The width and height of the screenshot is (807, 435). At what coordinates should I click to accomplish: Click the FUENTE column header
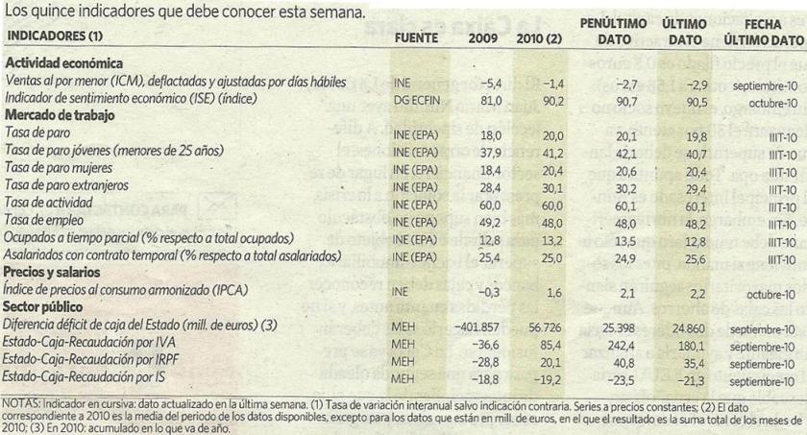[415, 37]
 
